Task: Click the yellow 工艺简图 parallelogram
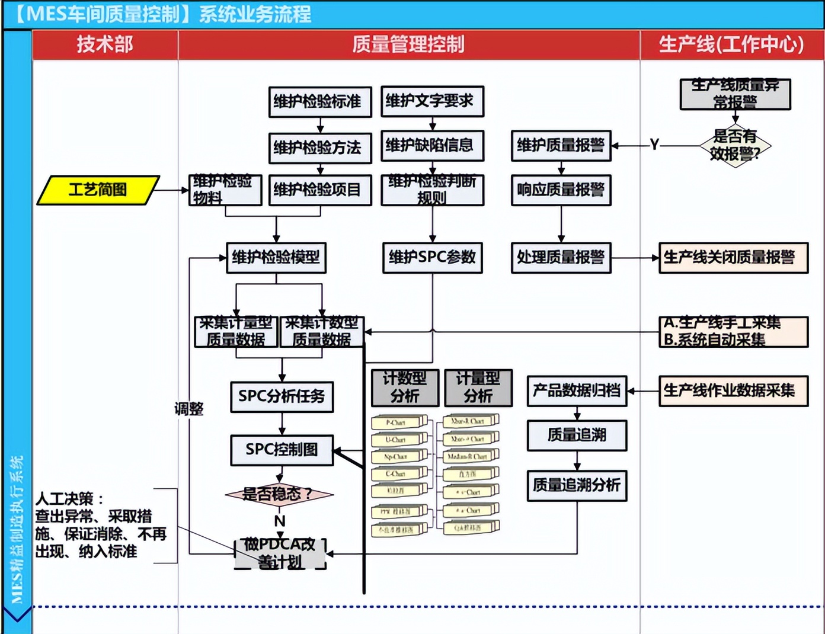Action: click(x=98, y=190)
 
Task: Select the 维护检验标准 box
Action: click(x=319, y=102)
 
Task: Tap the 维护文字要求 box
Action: click(x=432, y=101)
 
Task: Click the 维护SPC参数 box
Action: click(x=432, y=257)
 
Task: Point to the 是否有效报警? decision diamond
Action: click(x=735, y=146)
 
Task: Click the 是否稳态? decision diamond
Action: click(x=279, y=494)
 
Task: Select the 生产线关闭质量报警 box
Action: click(x=733, y=258)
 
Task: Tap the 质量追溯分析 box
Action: click(x=577, y=485)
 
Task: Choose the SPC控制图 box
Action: click(x=282, y=450)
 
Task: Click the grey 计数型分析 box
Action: click(x=405, y=388)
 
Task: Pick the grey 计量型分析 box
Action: click(x=478, y=388)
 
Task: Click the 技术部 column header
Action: click(x=105, y=44)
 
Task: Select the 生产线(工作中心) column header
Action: click(x=731, y=44)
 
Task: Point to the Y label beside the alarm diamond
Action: click(x=654, y=145)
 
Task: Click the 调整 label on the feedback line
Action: click(x=189, y=409)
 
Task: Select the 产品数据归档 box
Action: click(x=577, y=390)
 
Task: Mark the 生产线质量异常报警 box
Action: click(x=735, y=94)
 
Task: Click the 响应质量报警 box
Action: click(x=561, y=190)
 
